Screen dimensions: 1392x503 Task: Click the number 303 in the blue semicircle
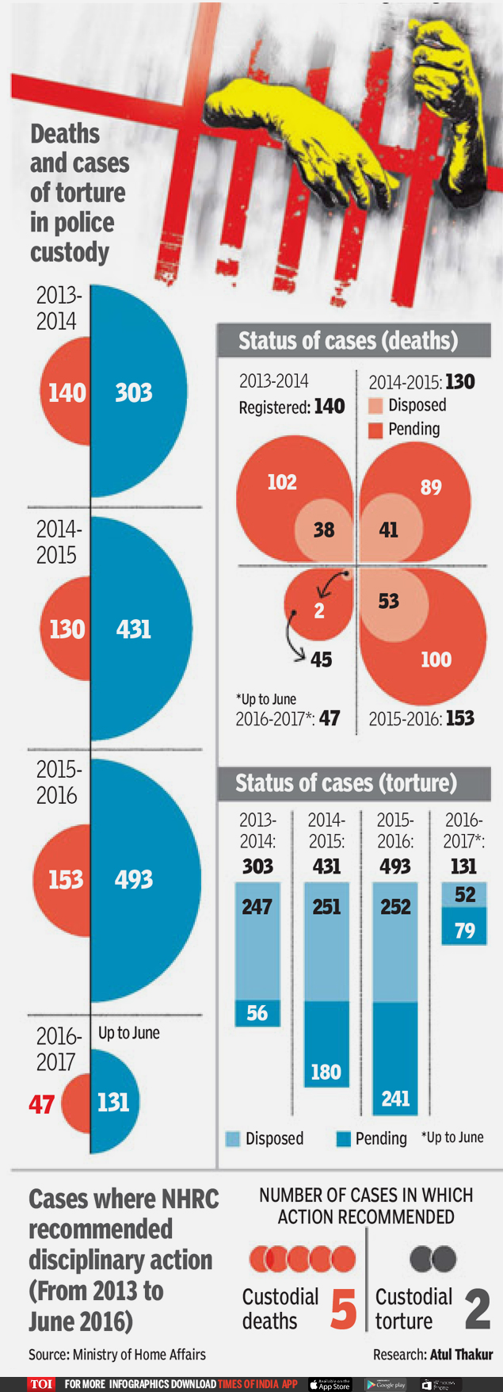(x=133, y=392)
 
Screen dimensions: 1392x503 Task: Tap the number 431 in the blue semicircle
(x=133, y=629)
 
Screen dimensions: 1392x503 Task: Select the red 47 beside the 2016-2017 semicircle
(x=41, y=1104)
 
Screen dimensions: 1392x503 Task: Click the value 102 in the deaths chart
(x=282, y=482)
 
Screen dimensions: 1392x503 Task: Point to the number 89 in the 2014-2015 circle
(x=431, y=487)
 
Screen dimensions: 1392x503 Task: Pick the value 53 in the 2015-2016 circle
(x=388, y=601)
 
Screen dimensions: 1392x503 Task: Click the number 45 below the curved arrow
(x=321, y=660)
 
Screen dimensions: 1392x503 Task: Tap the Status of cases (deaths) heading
(x=349, y=341)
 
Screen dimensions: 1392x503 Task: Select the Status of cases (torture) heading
(x=346, y=783)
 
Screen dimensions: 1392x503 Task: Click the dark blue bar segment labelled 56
(x=257, y=1013)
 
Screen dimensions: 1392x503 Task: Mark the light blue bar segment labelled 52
(x=464, y=895)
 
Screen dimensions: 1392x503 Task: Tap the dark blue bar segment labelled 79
(x=464, y=929)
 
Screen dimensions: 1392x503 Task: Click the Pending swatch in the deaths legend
(x=375, y=430)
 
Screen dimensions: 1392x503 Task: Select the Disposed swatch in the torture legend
(x=233, y=1138)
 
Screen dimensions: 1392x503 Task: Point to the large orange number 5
(x=343, y=1309)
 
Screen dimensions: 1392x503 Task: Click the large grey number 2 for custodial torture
(x=477, y=1309)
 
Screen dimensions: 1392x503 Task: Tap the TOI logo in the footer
(x=41, y=1384)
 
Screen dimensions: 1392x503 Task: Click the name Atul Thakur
(x=461, y=1355)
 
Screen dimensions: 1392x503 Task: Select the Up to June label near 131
(x=129, y=1033)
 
